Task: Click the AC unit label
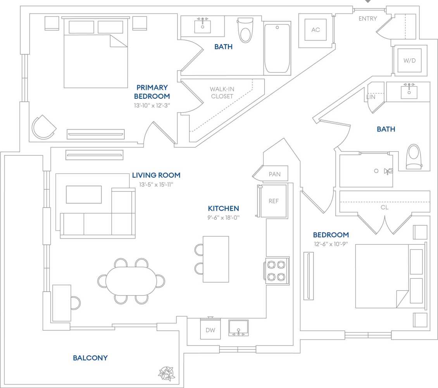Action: coord(316,30)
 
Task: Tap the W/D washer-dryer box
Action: coord(409,60)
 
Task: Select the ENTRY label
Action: coord(367,19)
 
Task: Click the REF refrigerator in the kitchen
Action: coord(273,201)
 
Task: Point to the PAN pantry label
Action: coord(274,174)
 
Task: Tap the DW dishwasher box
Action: coord(210,330)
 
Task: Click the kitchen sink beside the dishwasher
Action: coord(238,328)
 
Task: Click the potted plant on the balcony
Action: coord(167,373)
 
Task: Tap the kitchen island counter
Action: coord(216,259)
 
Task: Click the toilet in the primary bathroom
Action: coord(245,30)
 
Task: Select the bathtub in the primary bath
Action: coord(277,48)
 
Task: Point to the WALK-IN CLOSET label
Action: coord(222,93)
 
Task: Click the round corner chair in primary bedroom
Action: coord(43,127)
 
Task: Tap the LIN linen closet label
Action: coord(371,97)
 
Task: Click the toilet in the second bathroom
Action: coord(414,157)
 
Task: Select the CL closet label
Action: coord(384,208)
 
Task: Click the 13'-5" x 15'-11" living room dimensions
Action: coord(156,185)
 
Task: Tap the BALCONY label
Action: coord(90,358)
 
